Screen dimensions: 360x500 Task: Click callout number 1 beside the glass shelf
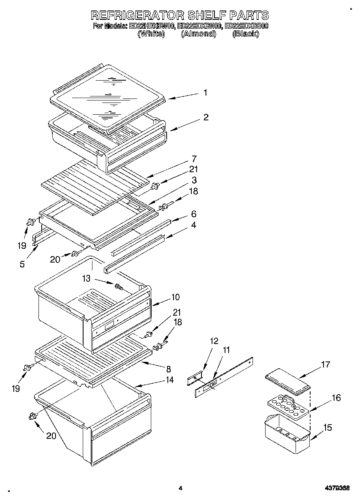(x=205, y=93)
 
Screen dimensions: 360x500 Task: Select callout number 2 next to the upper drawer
(x=206, y=117)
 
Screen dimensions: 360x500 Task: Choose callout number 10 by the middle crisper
(x=175, y=297)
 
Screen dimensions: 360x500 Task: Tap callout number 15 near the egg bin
(x=327, y=427)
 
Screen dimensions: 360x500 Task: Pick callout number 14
(x=169, y=380)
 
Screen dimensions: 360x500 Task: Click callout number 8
(x=168, y=369)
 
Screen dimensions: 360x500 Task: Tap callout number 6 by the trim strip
(x=194, y=214)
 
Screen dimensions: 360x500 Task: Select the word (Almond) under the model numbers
(x=198, y=34)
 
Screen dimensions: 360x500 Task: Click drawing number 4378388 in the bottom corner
(x=337, y=488)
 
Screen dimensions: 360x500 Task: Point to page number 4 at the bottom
(x=180, y=488)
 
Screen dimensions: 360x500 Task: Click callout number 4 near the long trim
(x=194, y=225)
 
